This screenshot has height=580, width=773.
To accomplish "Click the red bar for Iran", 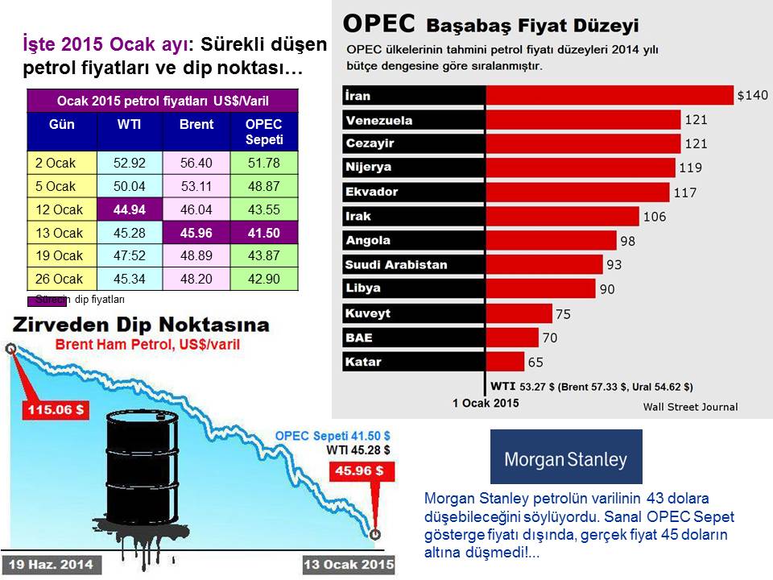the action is pyautogui.click(x=610, y=95).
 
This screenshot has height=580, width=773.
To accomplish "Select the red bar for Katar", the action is pyautogui.click(x=505, y=362).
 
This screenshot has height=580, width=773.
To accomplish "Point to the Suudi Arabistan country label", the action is pyautogui.click(x=396, y=265).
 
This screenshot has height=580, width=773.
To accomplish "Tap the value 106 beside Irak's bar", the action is pyautogui.click(x=654, y=217).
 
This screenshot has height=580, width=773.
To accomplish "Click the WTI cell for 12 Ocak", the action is pyautogui.click(x=130, y=209).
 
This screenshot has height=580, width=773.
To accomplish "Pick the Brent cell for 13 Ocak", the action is pyautogui.click(x=196, y=233).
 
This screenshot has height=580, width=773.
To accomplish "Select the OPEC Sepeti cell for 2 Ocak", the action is pyautogui.click(x=264, y=163).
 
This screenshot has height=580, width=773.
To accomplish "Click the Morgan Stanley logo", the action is pyautogui.click(x=566, y=457).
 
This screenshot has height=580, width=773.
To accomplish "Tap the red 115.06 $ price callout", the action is pyautogui.click(x=56, y=409).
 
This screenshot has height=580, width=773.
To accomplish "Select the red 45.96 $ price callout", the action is pyautogui.click(x=362, y=471).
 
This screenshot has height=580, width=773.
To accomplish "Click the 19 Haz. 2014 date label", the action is pyautogui.click(x=52, y=564).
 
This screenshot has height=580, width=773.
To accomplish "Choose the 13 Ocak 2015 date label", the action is pyautogui.click(x=349, y=564).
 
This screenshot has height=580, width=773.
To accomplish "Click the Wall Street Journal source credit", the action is pyautogui.click(x=690, y=407).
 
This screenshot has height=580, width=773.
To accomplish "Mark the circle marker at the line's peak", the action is pyautogui.click(x=10, y=349).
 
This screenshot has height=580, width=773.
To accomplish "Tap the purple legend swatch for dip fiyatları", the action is pyautogui.click(x=48, y=300).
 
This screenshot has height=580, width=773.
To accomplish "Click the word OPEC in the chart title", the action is pyautogui.click(x=378, y=23).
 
